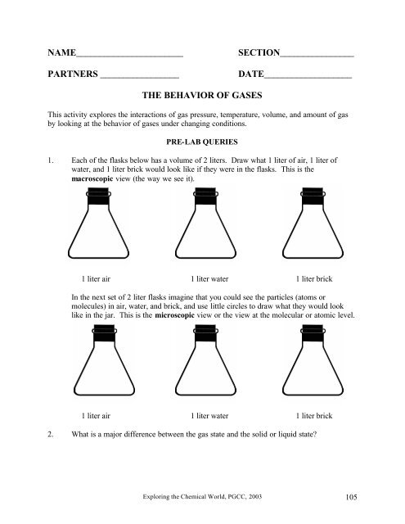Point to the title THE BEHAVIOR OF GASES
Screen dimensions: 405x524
201,96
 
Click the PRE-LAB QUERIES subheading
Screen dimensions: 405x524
201,141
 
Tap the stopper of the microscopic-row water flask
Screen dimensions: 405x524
201,334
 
